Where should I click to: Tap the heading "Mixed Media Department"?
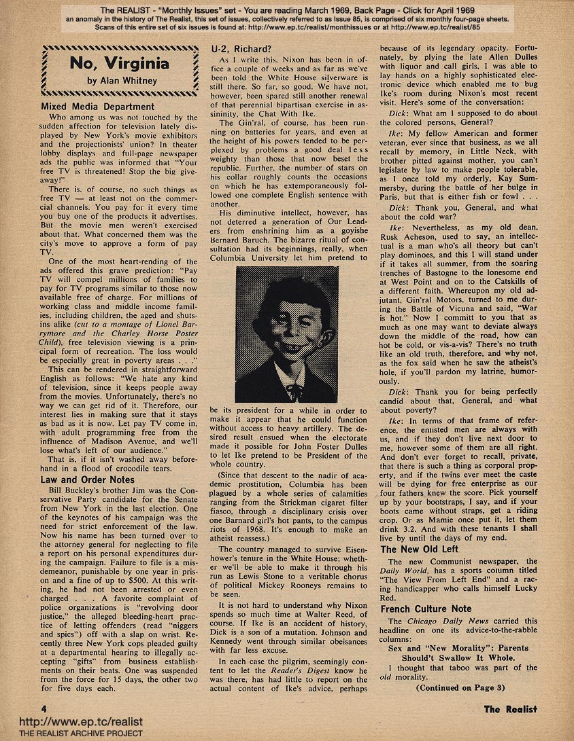pyautogui.click(x=98, y=107)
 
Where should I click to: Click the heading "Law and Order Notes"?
pyautogui.click(x=88, y=480)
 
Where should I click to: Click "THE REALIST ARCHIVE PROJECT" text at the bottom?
pyautogui.click(x=71, y=734)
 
